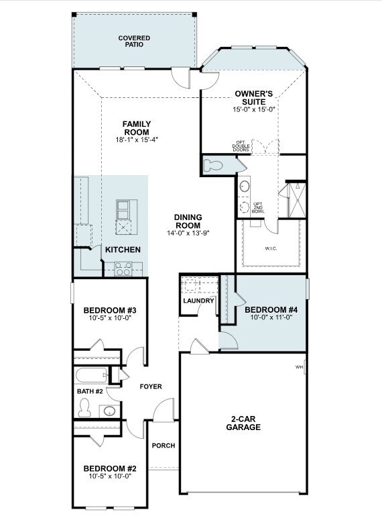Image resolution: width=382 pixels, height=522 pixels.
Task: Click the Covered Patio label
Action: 134,42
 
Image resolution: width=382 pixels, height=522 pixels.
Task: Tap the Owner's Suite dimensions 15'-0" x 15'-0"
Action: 254,109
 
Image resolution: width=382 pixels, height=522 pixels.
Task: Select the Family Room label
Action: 137,128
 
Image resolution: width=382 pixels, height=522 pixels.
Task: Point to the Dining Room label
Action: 188,221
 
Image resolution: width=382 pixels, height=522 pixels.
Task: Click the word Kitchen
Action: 123,250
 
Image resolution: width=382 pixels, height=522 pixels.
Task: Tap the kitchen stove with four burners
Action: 123,268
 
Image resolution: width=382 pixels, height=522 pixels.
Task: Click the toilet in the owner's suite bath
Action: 212,165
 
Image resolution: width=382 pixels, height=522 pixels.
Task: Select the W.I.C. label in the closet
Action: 271,248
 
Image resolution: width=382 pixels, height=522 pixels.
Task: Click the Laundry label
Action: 198,301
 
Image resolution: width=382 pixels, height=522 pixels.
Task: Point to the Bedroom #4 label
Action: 271,310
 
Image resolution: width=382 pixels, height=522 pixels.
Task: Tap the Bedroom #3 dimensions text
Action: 111,318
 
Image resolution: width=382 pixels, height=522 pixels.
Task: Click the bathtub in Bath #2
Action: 91,376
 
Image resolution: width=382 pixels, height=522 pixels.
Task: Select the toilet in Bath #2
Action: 84,408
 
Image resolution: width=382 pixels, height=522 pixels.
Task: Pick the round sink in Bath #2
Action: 109,411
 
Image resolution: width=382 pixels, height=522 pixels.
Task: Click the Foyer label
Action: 151,386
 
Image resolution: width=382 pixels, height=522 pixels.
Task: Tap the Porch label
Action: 164,446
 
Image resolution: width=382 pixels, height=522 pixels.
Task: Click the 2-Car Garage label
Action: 243,423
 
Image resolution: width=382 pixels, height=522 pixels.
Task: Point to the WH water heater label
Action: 299,367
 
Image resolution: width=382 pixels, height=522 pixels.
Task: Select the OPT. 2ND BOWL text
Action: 258,208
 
